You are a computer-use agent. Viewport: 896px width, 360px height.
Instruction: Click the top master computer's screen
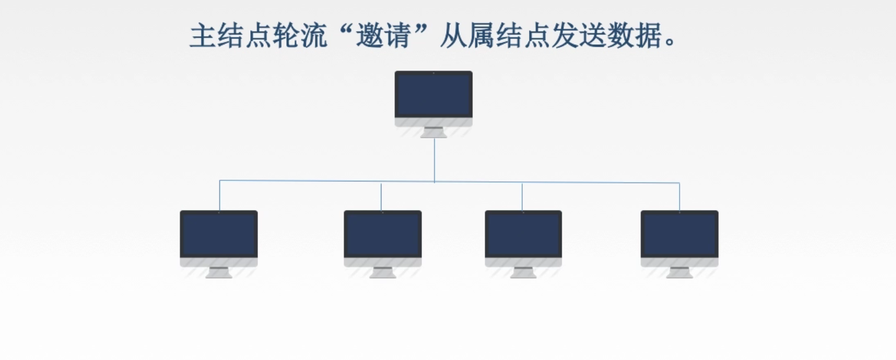[433, 95]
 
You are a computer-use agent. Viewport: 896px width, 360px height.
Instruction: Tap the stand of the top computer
[433, 132]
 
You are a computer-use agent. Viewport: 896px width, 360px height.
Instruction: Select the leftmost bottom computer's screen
[219, 235]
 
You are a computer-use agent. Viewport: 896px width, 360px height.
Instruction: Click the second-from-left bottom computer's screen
[383, 235]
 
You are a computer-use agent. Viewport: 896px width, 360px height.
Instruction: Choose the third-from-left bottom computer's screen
[523, 235]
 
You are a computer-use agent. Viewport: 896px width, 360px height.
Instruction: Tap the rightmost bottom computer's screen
[680, 235]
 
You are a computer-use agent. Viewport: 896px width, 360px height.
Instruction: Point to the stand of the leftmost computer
[219, 272]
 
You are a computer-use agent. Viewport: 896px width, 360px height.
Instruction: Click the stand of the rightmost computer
[680, 272]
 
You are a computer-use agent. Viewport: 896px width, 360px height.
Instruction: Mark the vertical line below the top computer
[435, 159]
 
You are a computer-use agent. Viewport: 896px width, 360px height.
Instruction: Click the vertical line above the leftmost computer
[220, 195]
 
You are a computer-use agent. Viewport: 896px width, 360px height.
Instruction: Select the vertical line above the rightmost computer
[680, 197]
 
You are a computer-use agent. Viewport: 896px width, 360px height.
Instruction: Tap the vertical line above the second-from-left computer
[381, 197]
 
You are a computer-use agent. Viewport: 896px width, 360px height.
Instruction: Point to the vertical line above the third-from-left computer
[522, 197]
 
